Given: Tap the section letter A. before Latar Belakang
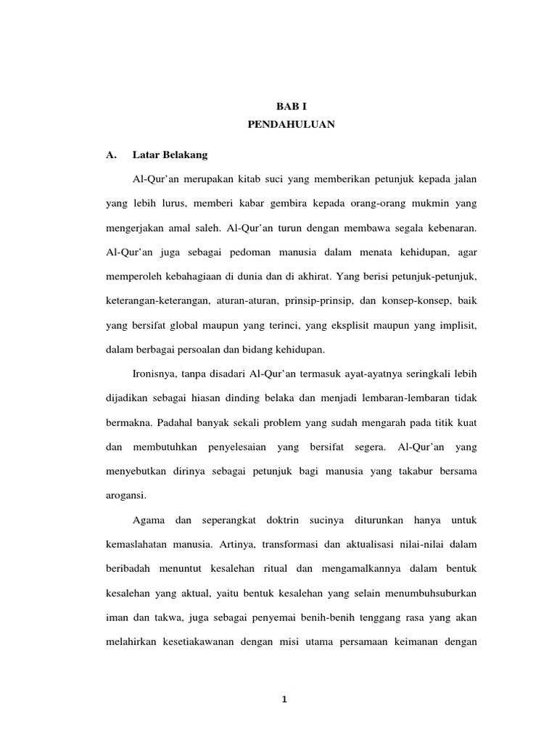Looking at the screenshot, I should click(x=111, y=155).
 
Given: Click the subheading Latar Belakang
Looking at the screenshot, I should click(x=170, y=155).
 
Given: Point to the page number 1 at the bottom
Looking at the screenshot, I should click(x=285, y=699).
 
